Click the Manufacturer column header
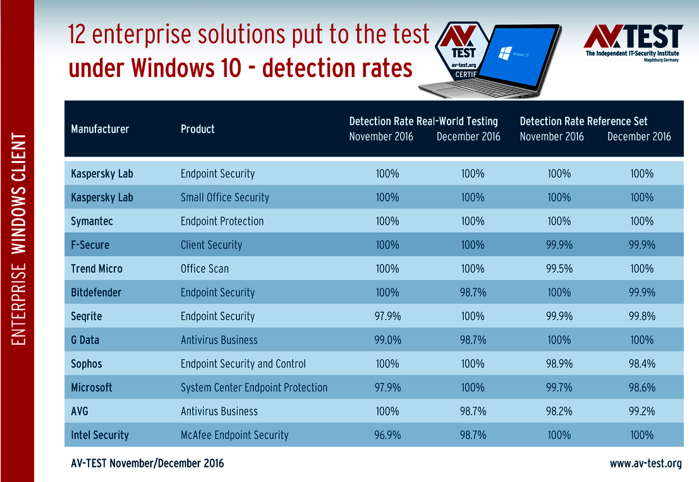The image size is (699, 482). pos(100,129)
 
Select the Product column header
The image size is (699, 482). pos(198,129)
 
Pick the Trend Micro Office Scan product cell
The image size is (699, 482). pos(205,268)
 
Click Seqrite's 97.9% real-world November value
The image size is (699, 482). pos(387,316)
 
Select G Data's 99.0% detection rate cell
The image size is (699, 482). pos(387,340)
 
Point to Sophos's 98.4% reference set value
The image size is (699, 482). pos(641,364)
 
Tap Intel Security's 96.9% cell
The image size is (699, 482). pos(387,435)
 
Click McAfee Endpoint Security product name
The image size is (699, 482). pos(234,435)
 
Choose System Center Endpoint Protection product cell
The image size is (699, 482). pos(254,387)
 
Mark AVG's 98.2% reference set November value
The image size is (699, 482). pos(559,411)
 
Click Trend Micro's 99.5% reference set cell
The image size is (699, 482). pos(559,268)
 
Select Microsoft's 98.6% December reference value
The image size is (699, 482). pos(641,387)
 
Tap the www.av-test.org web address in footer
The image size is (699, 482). pos(645,464)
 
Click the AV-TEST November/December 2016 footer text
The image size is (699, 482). pos(147,464)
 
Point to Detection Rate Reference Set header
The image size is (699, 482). pos(583,121)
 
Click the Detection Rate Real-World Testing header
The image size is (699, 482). pos(423,121)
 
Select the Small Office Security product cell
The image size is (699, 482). pos(225,197)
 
